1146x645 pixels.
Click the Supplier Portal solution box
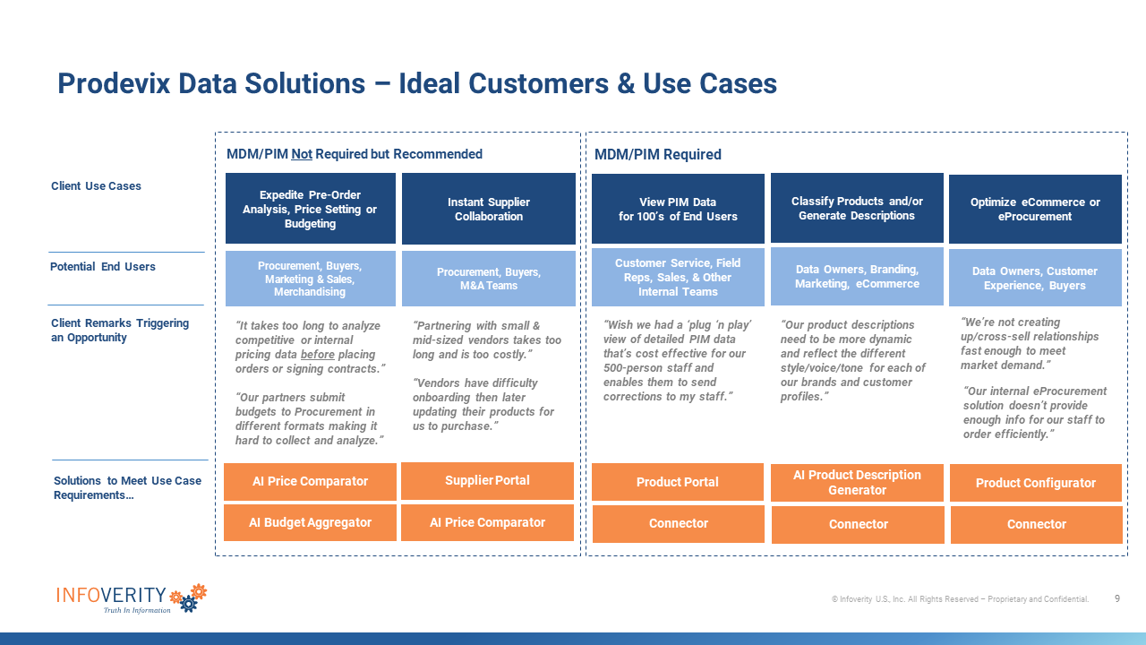(487, 481)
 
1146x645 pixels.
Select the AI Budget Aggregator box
(310, 522)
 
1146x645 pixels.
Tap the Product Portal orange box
(678, 482)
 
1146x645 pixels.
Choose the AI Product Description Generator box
(857, 483)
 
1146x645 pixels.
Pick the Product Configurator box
(1036, 483)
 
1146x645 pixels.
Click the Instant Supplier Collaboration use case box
(489, 209)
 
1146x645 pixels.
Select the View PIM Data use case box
(678, 209)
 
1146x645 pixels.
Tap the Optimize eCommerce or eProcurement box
(1035, 209)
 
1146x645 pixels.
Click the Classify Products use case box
(857, 208)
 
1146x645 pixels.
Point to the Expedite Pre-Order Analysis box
(311, 209)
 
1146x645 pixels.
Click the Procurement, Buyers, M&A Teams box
(489, 279)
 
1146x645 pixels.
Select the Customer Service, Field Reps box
(678, 277)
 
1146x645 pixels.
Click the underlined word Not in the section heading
(302, 154)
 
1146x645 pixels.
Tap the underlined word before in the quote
(318, 354)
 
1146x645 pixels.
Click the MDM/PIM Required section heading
(657, 155)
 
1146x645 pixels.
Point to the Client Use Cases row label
(96, 185)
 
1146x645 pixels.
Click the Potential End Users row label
(103, 267)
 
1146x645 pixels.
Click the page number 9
(1117, 598)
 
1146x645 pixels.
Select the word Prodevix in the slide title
(114, 83)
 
